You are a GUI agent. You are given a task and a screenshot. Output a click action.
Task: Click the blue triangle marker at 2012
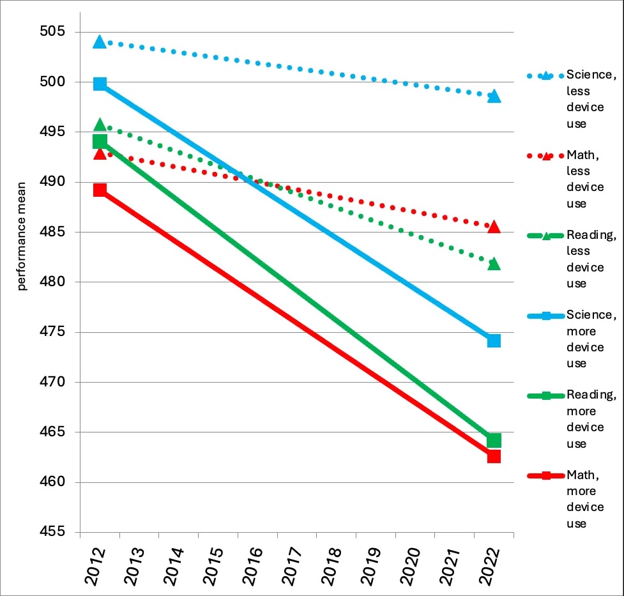[x=99, y=42]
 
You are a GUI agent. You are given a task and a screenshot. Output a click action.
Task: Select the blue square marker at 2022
[x=494, y=340]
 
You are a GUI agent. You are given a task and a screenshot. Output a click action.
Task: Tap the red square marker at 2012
[x=99, y=190]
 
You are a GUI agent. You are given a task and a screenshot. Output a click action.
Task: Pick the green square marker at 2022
[x=494, y=440]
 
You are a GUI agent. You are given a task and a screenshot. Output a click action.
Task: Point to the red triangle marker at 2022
[x=494, y=227]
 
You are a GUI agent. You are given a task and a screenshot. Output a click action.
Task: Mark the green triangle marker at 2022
[x=494, y=264]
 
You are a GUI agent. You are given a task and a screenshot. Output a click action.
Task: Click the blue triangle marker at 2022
[x=494, y=96]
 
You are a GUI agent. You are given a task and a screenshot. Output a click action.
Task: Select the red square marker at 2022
[x=494, y=456]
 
